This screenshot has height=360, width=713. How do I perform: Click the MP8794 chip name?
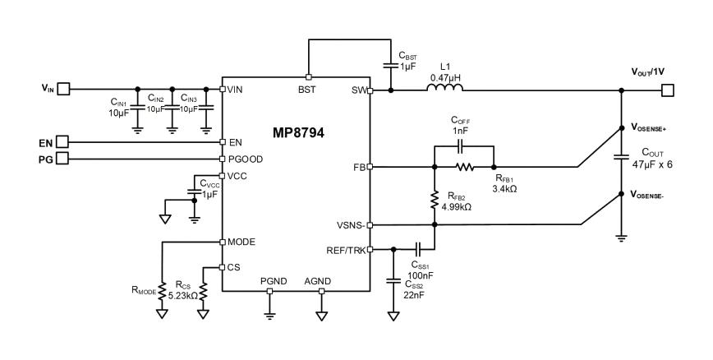[298, 133]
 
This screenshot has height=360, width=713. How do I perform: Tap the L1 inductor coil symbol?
[444, 87]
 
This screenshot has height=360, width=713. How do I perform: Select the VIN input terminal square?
[64, 89]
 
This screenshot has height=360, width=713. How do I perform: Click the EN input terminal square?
[62, 142]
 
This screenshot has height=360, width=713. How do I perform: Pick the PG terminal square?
[62, 159]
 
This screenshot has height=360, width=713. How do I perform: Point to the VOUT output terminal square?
[668, 90]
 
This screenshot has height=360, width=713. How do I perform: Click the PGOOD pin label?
[246, 159]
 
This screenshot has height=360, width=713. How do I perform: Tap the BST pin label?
[307, 90]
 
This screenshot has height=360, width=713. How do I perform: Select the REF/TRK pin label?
[346, 251]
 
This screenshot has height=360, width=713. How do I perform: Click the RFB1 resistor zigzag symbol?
[465, 167]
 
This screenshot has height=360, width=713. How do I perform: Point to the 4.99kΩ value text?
[457, 206]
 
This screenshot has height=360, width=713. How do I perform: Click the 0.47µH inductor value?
[444, 77]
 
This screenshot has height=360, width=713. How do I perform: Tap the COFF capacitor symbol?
[461, 146]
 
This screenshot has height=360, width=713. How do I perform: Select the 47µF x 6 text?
[652, 164]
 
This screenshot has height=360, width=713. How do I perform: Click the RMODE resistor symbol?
[162, 291]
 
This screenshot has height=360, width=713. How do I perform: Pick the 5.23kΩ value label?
[183, 295]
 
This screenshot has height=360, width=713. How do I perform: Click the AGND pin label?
[317, 281]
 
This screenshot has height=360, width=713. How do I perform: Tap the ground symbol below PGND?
[269, 316]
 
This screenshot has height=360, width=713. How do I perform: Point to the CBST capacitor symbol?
[390, 65]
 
